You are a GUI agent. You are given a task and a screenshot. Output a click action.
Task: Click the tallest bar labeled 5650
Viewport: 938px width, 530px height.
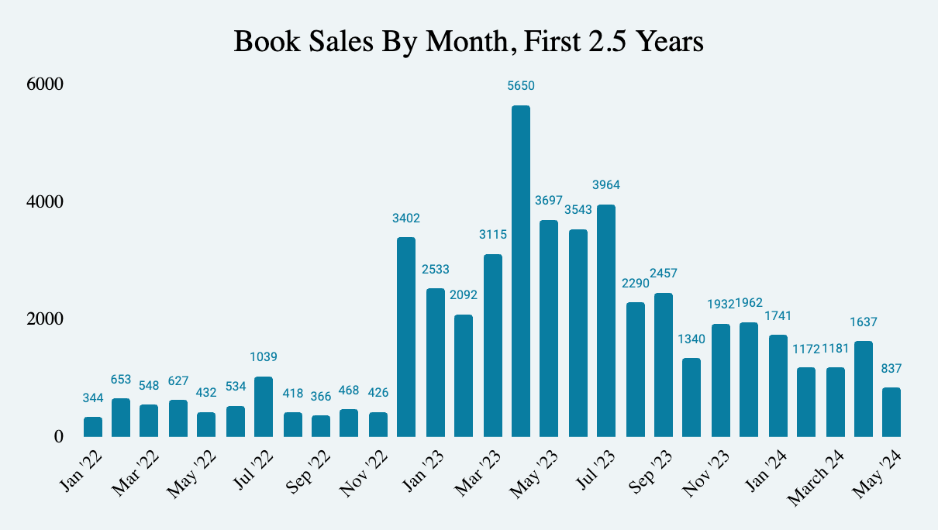click(x=521, y=271)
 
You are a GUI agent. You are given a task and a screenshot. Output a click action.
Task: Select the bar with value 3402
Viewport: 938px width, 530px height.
click(x=406, y=337)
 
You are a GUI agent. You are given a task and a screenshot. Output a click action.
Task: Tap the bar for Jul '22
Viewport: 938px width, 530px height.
click(x=264, y=407)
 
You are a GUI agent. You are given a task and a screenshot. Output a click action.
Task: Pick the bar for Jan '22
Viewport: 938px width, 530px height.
click(x=93, y=427)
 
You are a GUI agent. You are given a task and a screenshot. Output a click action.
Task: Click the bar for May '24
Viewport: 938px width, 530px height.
click(x=891, y=412)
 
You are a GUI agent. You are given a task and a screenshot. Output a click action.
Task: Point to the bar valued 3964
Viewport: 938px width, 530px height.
click(x=606, y=321)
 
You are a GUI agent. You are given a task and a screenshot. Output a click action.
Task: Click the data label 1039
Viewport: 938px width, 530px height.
click(x=264, y=357)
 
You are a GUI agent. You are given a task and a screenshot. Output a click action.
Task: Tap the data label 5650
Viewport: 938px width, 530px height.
click(x=521, y=86)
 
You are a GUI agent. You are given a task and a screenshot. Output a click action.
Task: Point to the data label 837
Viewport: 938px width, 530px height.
click(x=891, y=368)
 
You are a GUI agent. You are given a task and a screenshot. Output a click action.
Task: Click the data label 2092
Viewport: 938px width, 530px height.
click(x=464, y=295)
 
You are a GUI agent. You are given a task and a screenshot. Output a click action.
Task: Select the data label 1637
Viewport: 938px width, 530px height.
click(x=863, y=322)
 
